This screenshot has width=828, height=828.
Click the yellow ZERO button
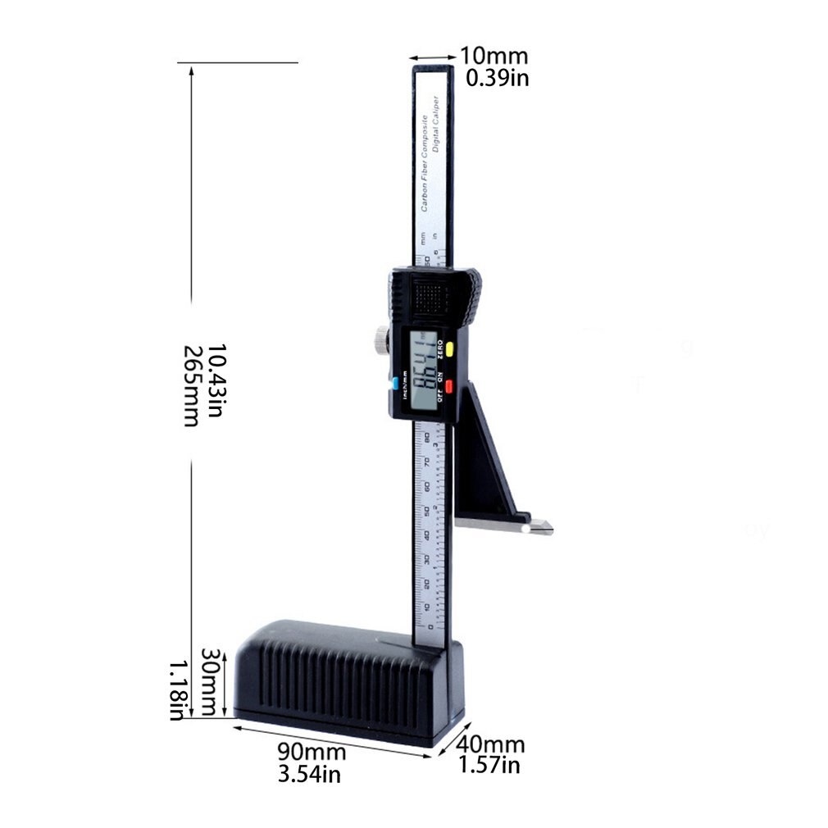pos(450,346)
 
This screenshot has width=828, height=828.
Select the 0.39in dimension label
pos(497,78)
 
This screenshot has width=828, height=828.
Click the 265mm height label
pos(191,385)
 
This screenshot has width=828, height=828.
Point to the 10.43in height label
pos(215,385)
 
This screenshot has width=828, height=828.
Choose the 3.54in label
pos(309,773)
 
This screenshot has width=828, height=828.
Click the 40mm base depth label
pos(490,745)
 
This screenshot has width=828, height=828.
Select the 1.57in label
pos(489,766)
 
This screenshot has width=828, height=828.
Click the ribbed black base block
pos(344,676)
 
